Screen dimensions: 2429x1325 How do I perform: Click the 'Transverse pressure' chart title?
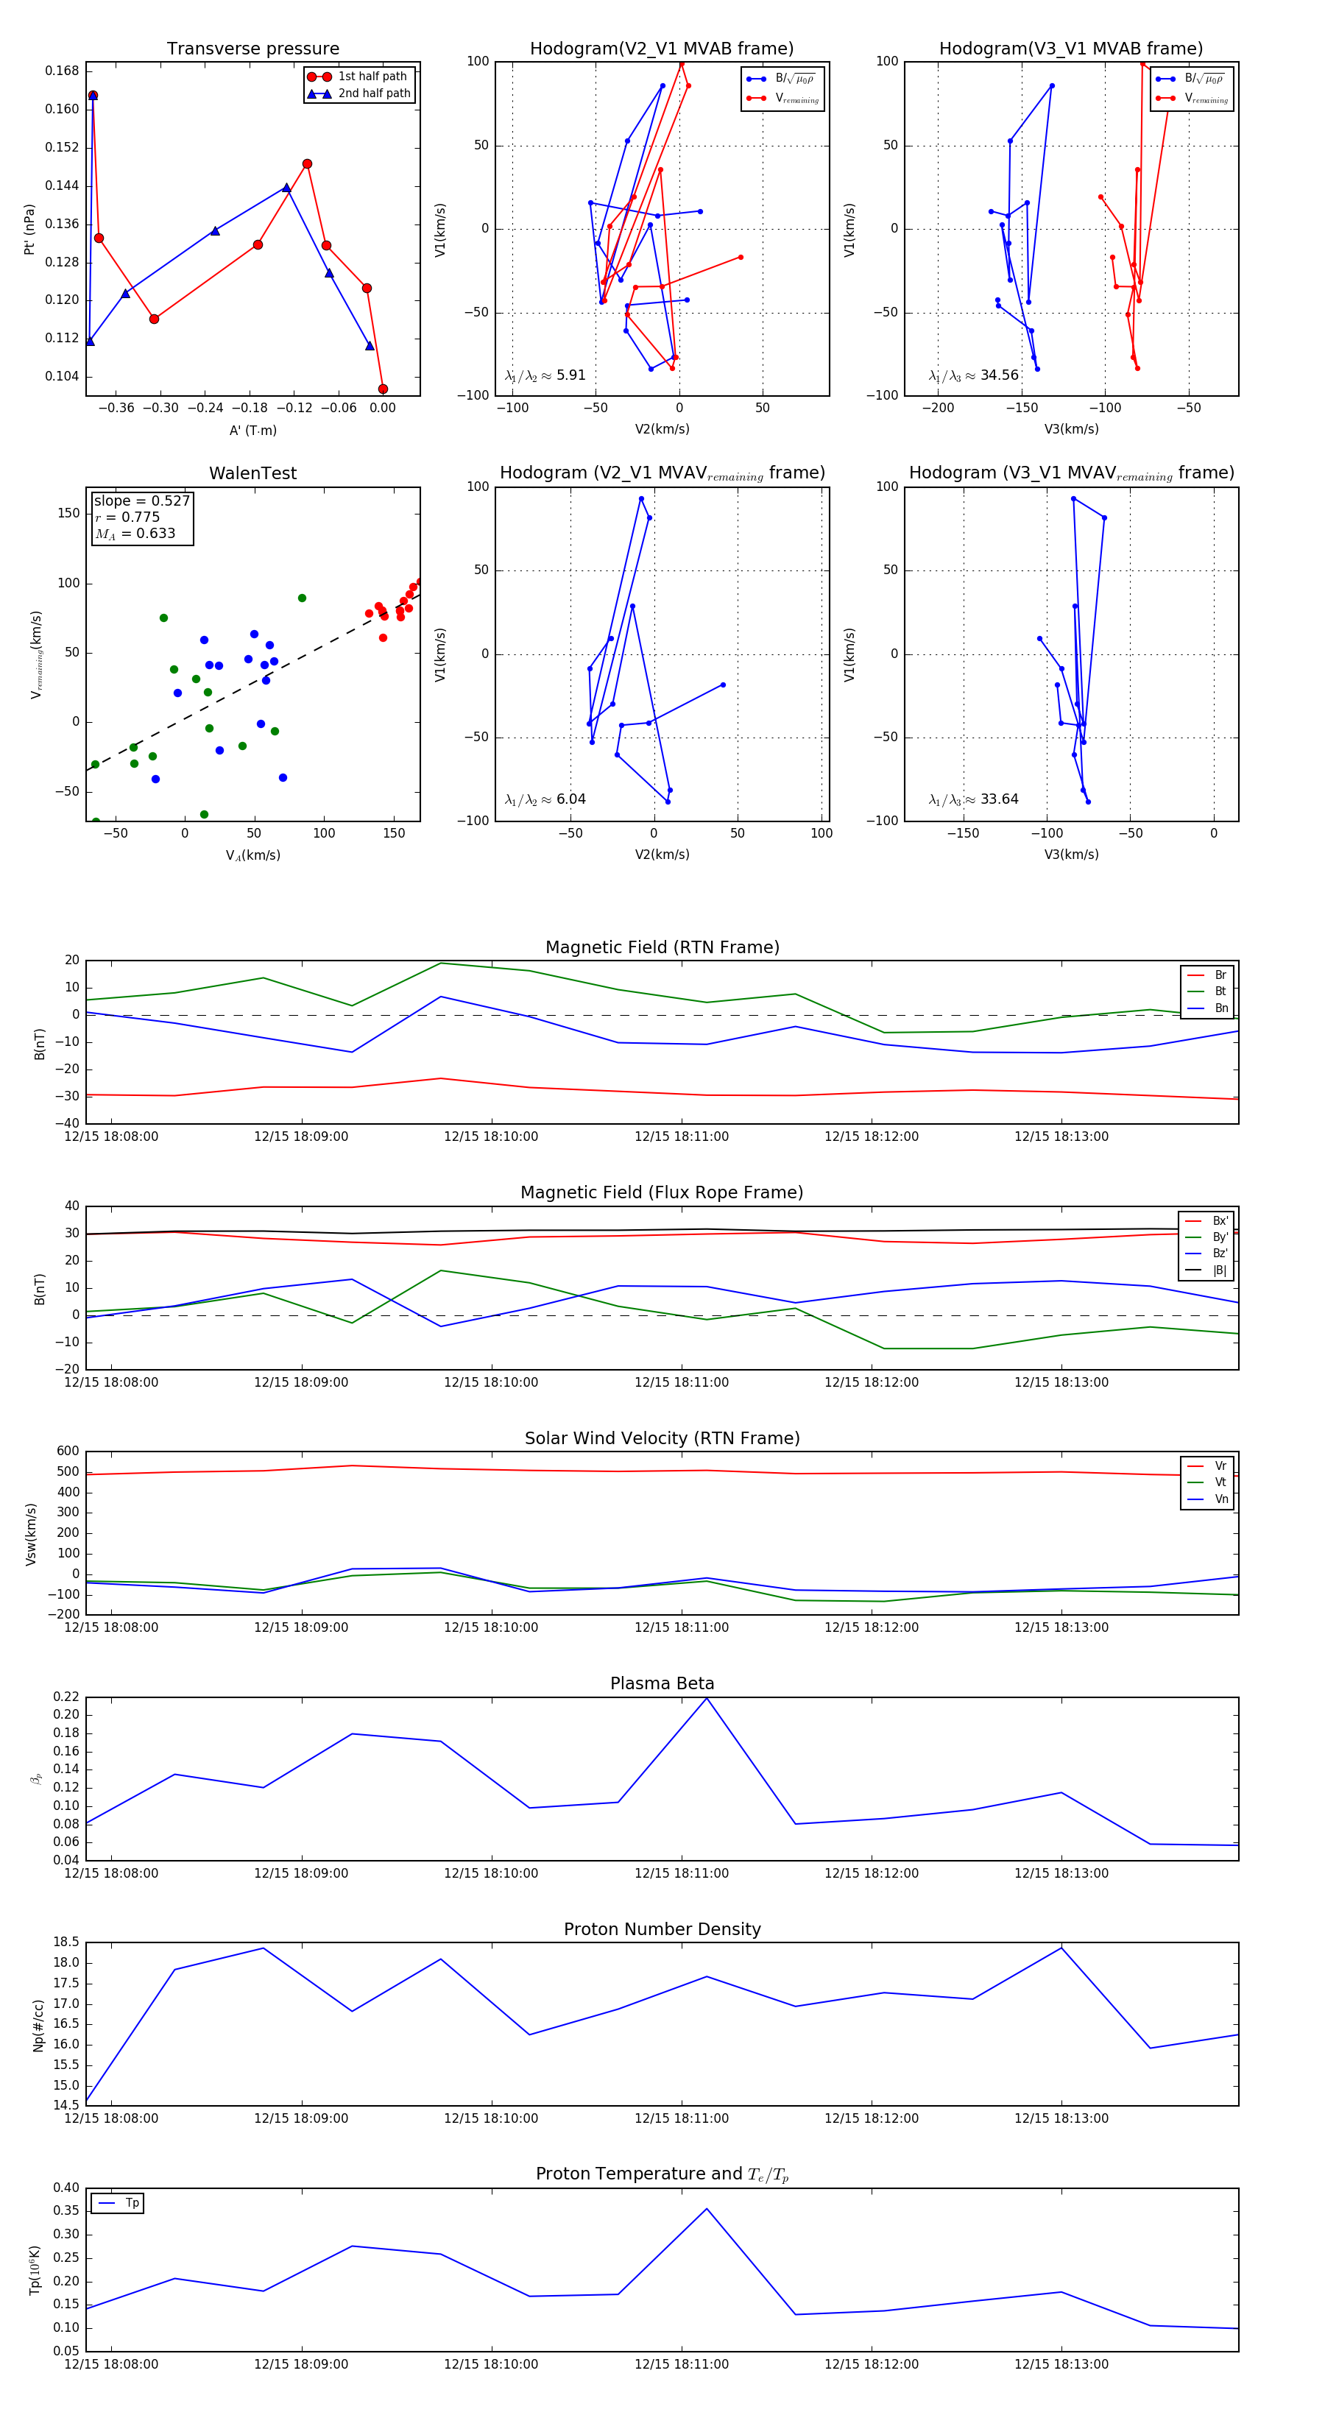[252, 49]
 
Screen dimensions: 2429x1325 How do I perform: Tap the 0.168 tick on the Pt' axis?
[63, 71]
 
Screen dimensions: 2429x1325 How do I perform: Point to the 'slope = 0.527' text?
[141, 501]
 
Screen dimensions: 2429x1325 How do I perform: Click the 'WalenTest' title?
[252, 473]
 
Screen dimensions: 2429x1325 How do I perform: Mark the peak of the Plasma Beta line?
[707, 1698]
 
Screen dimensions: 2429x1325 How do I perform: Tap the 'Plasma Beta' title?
[662, 1683]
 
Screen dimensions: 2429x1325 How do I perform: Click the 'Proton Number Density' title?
[662, 1929]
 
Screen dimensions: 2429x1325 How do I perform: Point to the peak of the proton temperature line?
[707, 2208]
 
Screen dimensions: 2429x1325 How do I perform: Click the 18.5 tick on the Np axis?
[67, 1942]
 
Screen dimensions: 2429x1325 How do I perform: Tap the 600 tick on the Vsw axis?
[68, 1452]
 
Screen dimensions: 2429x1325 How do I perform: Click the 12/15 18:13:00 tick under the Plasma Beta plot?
[1061, 1873]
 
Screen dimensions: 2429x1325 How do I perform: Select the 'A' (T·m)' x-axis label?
[252, 430]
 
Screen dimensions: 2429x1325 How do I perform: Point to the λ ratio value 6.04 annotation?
[570, 799]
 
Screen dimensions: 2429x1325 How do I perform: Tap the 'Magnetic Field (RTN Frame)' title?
[662, 947]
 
